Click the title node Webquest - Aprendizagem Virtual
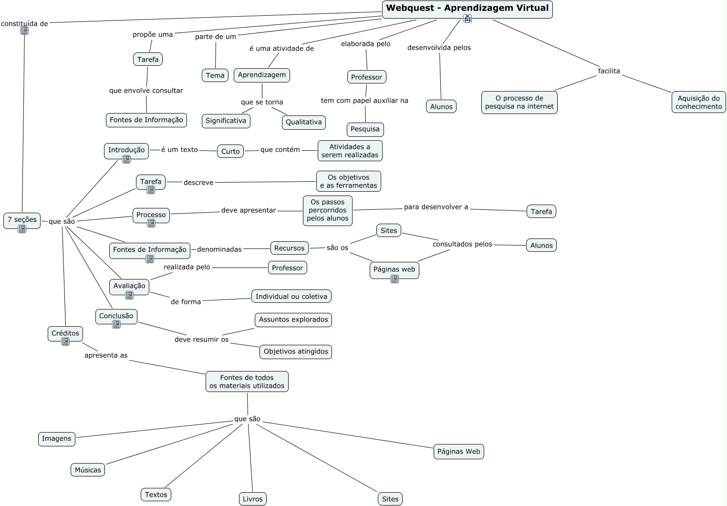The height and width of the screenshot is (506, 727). [467, 10]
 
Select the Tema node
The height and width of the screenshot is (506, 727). [215, 75]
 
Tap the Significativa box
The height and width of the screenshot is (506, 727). [226, 121]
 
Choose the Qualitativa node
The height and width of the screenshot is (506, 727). [304, 122]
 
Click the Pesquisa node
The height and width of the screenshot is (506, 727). [365, 129]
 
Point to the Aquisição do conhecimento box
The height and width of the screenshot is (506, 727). [698, 102]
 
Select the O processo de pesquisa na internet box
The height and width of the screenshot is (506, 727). [519, 102]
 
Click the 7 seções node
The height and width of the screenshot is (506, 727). [22, 220]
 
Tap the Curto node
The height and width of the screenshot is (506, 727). [230, 151]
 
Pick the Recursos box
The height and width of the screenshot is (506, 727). [289, 248]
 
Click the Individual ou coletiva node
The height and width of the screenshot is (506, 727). [291, 296]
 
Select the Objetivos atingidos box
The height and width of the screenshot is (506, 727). [296, 351]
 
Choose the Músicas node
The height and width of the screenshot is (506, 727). [88, 470]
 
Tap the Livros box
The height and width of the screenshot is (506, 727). [252, 499]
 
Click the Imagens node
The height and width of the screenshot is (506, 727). [56, 439]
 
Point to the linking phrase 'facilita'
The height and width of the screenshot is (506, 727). [609, 71]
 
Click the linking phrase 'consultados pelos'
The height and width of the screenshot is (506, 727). [462, 244]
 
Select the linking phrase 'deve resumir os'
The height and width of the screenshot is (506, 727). [202, 340]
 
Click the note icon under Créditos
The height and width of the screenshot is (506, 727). [65, 341]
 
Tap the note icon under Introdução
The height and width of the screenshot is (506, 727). [126, 159]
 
